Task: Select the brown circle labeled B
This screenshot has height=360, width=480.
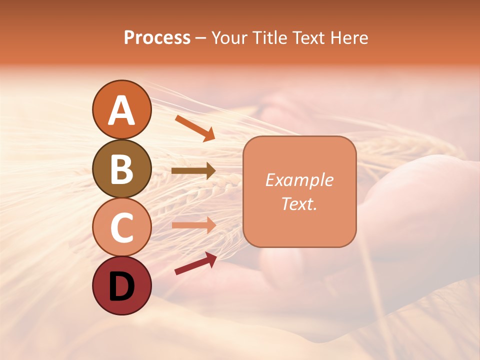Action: [121, 169]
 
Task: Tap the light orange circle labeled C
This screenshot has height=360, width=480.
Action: [121, 227]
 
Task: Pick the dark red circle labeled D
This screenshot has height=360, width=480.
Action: [121, 286]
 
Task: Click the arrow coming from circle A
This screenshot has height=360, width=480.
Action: [195, 128]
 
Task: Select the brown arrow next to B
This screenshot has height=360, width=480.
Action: [193, 170]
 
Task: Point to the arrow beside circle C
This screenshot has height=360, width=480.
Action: [193, 225]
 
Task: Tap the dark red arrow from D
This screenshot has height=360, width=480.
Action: [195, 263]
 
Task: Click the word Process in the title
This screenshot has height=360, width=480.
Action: [157, 37]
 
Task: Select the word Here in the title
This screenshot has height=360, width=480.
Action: [349, 37]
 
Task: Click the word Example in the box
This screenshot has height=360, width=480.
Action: [299, 180]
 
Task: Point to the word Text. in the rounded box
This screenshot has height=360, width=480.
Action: [299, 203]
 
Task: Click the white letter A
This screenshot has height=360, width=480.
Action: [121, 110]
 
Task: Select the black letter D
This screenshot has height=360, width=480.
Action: [121, 286]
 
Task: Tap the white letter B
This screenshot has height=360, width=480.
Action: [121, 169]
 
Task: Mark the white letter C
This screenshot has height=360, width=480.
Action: [121, 227]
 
